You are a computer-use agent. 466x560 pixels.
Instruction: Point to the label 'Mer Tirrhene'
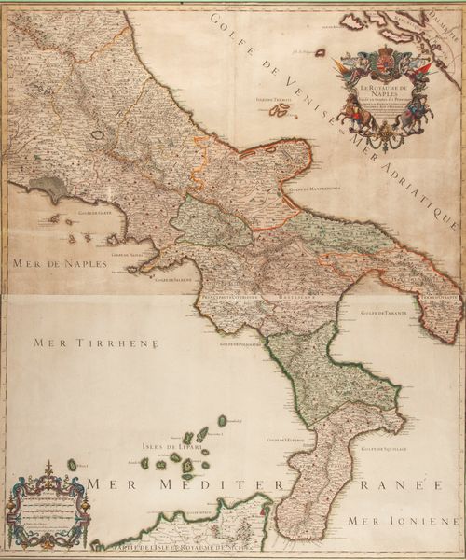tap(96, 343)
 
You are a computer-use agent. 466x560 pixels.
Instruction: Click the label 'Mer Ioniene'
tap(401, 518)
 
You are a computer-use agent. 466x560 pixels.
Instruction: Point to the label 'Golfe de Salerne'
tap(171, 280)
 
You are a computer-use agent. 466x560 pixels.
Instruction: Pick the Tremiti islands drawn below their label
tap(279, 110)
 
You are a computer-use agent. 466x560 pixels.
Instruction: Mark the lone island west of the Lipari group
tap(72, 464)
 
